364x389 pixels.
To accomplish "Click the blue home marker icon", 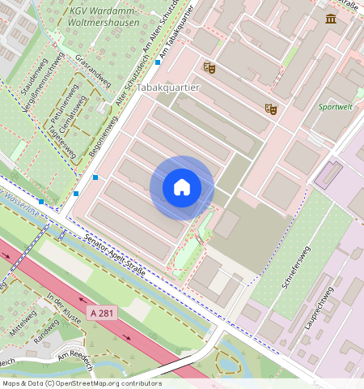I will pos(182,188).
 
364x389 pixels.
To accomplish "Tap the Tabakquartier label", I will pos(167,86).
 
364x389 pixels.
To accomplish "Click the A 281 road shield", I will pos(103,312).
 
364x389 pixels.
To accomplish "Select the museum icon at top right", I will pos(331,19).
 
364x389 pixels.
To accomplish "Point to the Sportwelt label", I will pos(335,106).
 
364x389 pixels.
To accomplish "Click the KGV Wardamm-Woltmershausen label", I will pos(104,17).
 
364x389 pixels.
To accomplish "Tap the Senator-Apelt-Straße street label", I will pos(114,254).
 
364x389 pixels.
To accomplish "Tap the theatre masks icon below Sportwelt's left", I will pos(271,108).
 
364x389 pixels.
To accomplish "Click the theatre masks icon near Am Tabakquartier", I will pos(210,69).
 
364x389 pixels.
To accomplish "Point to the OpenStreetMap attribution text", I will pos(82,383).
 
